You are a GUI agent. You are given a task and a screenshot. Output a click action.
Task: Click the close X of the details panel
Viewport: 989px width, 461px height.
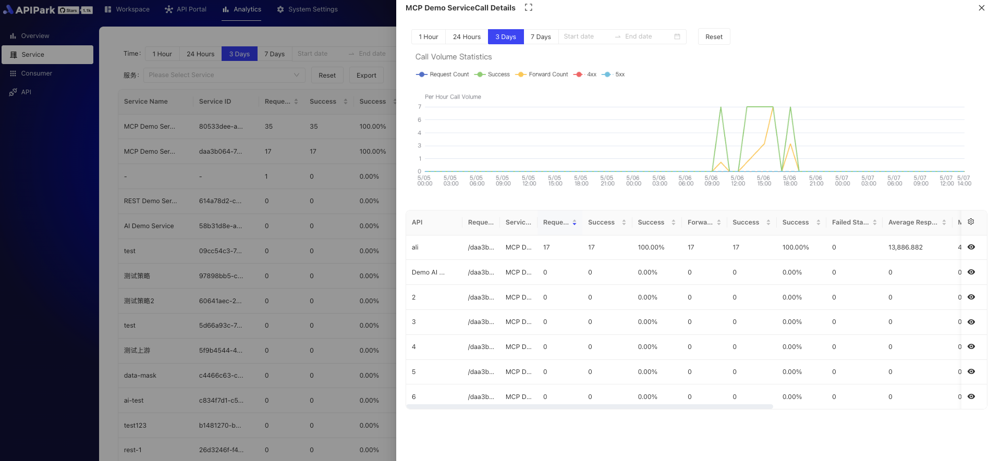pos(981,8)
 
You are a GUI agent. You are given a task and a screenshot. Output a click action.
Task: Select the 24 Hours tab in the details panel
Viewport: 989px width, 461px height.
pos(467,37)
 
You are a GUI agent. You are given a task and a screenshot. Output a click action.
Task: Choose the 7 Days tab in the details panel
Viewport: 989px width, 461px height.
pos(541,37)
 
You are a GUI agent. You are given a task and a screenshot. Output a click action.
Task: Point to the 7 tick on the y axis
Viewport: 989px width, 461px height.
pos(420,107)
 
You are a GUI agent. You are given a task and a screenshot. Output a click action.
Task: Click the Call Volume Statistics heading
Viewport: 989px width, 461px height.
pos(454,57)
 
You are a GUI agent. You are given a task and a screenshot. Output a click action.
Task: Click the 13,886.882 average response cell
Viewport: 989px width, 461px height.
pos(905,247)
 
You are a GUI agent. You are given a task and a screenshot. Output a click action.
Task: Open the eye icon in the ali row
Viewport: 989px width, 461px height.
pos(971,247)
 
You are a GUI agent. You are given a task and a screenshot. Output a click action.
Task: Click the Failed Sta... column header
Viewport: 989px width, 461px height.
pos(850,222)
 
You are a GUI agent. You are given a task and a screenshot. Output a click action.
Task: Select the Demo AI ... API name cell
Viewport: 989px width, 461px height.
pos(428,272)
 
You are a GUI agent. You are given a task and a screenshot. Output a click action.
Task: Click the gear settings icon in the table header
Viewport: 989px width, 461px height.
pos(971,222)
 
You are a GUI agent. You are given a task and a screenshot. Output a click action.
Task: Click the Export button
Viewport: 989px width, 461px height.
pos(366,76)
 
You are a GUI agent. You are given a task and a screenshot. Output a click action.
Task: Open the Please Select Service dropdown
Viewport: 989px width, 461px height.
pos(224,75)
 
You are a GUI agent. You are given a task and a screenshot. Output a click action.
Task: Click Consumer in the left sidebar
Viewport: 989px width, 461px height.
pos(36,73)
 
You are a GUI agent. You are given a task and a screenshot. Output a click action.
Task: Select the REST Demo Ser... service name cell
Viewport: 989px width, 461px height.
pos(150,201)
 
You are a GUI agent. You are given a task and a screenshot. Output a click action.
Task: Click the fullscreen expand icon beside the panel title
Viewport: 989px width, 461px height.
pos(528,8)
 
